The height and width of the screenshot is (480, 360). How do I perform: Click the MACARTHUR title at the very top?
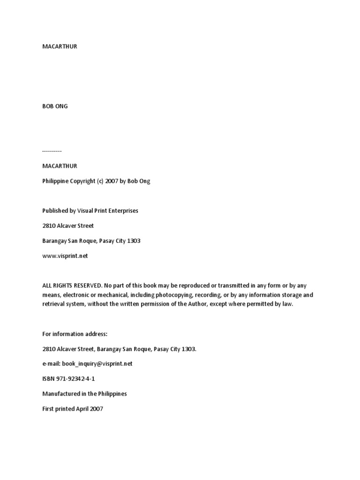60,46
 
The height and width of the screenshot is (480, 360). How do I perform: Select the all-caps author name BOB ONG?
55,106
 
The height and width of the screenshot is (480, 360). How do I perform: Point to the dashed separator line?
52,151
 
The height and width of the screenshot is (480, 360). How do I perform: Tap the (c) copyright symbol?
100,181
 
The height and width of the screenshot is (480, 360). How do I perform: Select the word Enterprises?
123,210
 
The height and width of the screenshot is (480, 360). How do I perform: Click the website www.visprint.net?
65,255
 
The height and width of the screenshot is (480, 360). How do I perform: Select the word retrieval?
53,304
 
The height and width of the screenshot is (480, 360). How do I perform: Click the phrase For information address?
75,334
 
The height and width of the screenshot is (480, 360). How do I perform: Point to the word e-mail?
51,363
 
